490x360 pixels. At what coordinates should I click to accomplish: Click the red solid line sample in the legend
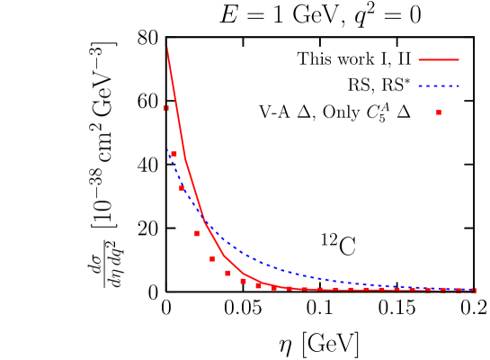tap(439, 60)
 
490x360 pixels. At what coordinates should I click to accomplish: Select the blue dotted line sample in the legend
tap(439, 86)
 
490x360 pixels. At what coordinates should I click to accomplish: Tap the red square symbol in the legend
tap(439, 112)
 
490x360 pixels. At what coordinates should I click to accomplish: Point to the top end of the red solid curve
tap(167, 47)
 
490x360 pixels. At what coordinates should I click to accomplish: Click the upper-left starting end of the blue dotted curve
tap(168, 151)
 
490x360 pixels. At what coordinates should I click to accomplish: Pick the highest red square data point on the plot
tap(174, 154)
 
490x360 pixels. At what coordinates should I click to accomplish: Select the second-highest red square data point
tap(182, 188)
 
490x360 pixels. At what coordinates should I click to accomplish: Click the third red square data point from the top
tap(197, 234)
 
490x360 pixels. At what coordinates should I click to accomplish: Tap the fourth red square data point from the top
tap(212, 259)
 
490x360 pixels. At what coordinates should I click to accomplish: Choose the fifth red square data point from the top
tap(227, 273)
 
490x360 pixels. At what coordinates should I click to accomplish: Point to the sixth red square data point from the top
tap(243, 281)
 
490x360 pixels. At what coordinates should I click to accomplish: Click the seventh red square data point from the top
tap(258, 285)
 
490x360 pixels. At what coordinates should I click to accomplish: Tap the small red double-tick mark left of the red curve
tap(166, 109)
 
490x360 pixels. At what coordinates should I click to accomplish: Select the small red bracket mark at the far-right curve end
tap(473, 291)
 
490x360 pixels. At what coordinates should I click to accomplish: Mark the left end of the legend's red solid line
tap(419, 60)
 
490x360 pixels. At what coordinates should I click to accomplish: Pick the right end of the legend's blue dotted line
tap(459, 86)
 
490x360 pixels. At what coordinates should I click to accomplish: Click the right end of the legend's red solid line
tap(459, 60)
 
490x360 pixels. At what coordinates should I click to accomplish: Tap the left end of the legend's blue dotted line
tap(419, 86)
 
